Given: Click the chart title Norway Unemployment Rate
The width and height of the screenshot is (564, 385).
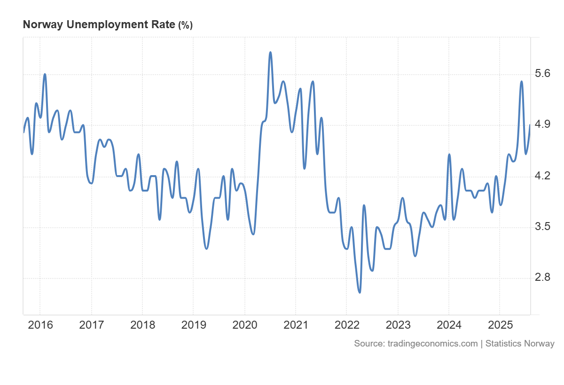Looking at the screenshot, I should point(99,25).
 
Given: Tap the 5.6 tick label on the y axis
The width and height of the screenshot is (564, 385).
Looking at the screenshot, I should point(543,74).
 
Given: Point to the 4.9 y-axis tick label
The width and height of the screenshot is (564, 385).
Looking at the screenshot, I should point(543,125).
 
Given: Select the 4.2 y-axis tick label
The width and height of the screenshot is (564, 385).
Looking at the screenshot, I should point(543,176).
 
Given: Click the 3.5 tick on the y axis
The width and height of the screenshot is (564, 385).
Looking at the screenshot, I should point(543,227).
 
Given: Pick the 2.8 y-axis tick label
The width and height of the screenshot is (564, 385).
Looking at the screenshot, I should point(543,278).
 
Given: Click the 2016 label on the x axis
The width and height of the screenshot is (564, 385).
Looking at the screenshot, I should point(40,325).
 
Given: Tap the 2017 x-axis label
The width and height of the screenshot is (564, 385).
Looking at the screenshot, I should point(91,325).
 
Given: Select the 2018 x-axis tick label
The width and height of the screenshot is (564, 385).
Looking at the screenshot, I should point(142,325).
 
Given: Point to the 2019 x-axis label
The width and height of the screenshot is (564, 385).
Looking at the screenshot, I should point(193,325).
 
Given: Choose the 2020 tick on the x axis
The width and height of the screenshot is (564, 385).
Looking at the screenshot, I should point(244,325).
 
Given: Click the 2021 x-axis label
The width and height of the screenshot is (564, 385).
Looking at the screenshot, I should point(296,325).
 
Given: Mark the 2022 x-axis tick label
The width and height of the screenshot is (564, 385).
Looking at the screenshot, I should point(346,325).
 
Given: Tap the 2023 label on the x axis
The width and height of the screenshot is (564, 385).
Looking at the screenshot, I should point(398,325).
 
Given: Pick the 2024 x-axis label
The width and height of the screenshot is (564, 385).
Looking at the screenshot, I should point(449,325).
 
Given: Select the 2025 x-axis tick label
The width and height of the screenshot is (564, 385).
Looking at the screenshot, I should point(500,325).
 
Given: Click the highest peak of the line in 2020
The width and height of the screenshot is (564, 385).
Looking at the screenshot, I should point(270,52).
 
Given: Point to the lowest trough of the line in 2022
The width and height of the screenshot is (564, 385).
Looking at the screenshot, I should point(360,293).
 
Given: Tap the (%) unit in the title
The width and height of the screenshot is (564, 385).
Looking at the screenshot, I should point(185,25).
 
